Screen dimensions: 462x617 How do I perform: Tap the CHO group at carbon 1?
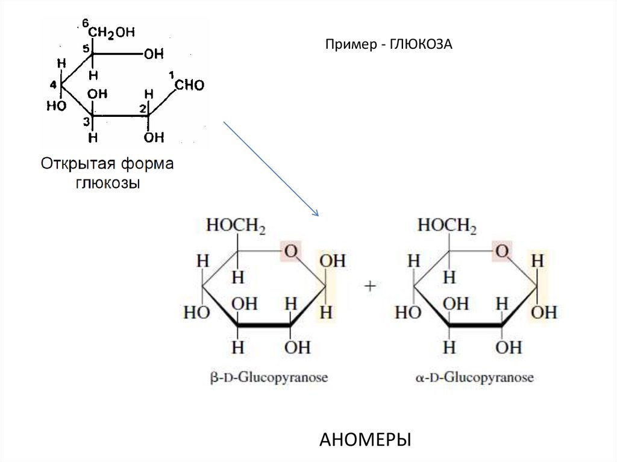tap(190, 86)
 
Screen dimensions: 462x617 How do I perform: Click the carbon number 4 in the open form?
tap(53, 84)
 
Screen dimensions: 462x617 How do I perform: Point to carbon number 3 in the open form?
tap(86, 122)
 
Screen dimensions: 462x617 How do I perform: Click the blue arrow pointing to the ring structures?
tap(271, 168)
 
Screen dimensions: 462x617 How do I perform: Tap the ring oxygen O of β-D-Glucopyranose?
tap(291, 251)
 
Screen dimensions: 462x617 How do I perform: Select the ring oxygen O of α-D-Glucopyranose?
tap(501, 251)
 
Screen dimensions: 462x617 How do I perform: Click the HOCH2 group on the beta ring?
tap(236, 226)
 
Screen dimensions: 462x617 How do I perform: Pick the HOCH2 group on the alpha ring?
tap(447, 226)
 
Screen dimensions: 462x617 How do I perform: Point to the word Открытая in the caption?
tap(78, 164)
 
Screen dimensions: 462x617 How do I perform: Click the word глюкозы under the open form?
tap(107, 183)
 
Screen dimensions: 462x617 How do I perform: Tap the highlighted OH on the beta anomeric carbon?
tap(332, 261)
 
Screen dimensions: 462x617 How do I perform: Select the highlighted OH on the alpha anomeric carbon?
tap(544, 312)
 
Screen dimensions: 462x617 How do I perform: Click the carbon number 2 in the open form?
tap(143, 108)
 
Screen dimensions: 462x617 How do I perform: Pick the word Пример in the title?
tap(349, 45)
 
